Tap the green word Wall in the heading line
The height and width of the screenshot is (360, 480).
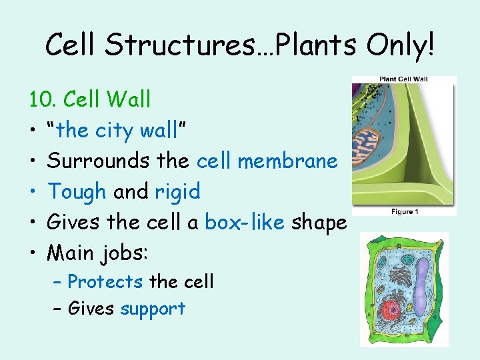point(128,100)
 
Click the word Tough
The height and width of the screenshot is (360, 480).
point(77,192)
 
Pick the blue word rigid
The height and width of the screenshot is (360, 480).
point(177,192)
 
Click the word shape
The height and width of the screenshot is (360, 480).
point(319,223)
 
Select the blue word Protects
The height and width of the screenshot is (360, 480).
point(105,282)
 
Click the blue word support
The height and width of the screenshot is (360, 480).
point(153,309)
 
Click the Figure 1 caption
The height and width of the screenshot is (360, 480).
point(404,211)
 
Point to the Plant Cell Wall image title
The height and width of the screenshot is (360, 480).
point(403,79)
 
